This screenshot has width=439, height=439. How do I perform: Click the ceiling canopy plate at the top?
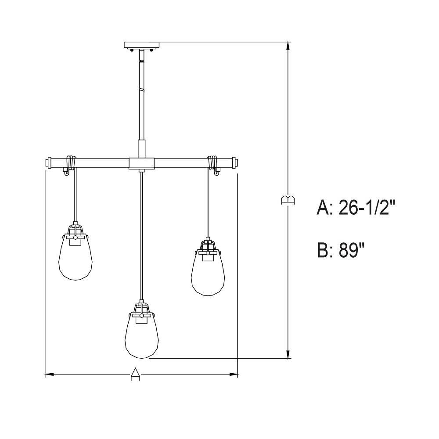pyautogui.click(x=142, y=45)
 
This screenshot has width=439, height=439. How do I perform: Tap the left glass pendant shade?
pyautogui.click(x=76, y=257)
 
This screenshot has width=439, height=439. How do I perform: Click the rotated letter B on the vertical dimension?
pyautogui.click(x=288, y=200)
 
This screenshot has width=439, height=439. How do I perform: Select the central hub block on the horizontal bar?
pyautogui.click(x=142, y=163)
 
